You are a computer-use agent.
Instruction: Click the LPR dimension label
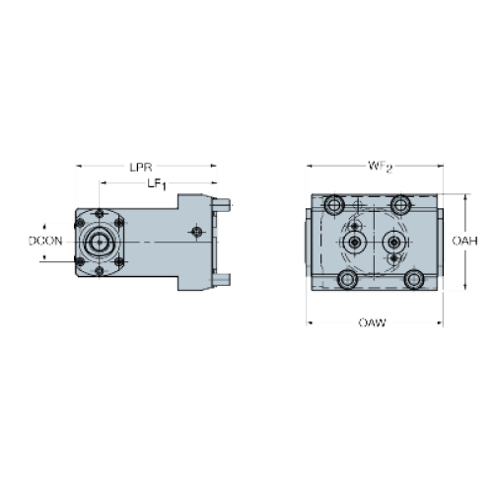click(x=141, y=168)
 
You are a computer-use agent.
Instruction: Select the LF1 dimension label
click(x=157, y=184)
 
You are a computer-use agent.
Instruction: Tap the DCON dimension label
click(x=45, y=241)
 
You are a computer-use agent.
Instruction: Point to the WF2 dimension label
click(x=380, y=167)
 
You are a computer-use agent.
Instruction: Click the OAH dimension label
click(x=464, y=241)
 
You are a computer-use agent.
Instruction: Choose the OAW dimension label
click(x=372, y=322)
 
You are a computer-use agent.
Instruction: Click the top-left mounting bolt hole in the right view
click(x=334, y=205)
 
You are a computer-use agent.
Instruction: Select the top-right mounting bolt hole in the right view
click(x=400, y=205)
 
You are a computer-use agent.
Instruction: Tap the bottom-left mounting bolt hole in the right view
click(x=347, y=279)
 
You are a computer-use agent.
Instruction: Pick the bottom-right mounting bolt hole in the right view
click(x=414, y=279)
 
